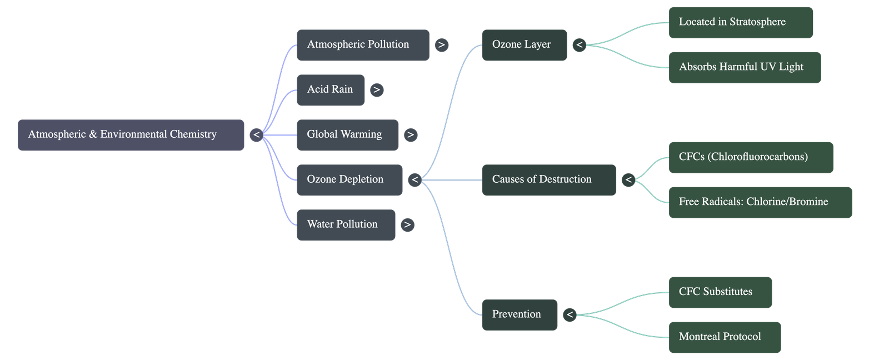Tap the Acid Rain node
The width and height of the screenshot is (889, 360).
tap(330, 89)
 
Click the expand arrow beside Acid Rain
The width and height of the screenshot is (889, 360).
tap(377, 90)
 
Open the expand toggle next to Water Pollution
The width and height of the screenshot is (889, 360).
tap(407, 225)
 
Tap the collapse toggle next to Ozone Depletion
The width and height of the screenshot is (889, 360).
tap(414, 180)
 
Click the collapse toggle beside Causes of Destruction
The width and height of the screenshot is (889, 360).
tap(628, 180)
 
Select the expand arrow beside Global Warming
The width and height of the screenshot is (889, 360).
tap(411, 135)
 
